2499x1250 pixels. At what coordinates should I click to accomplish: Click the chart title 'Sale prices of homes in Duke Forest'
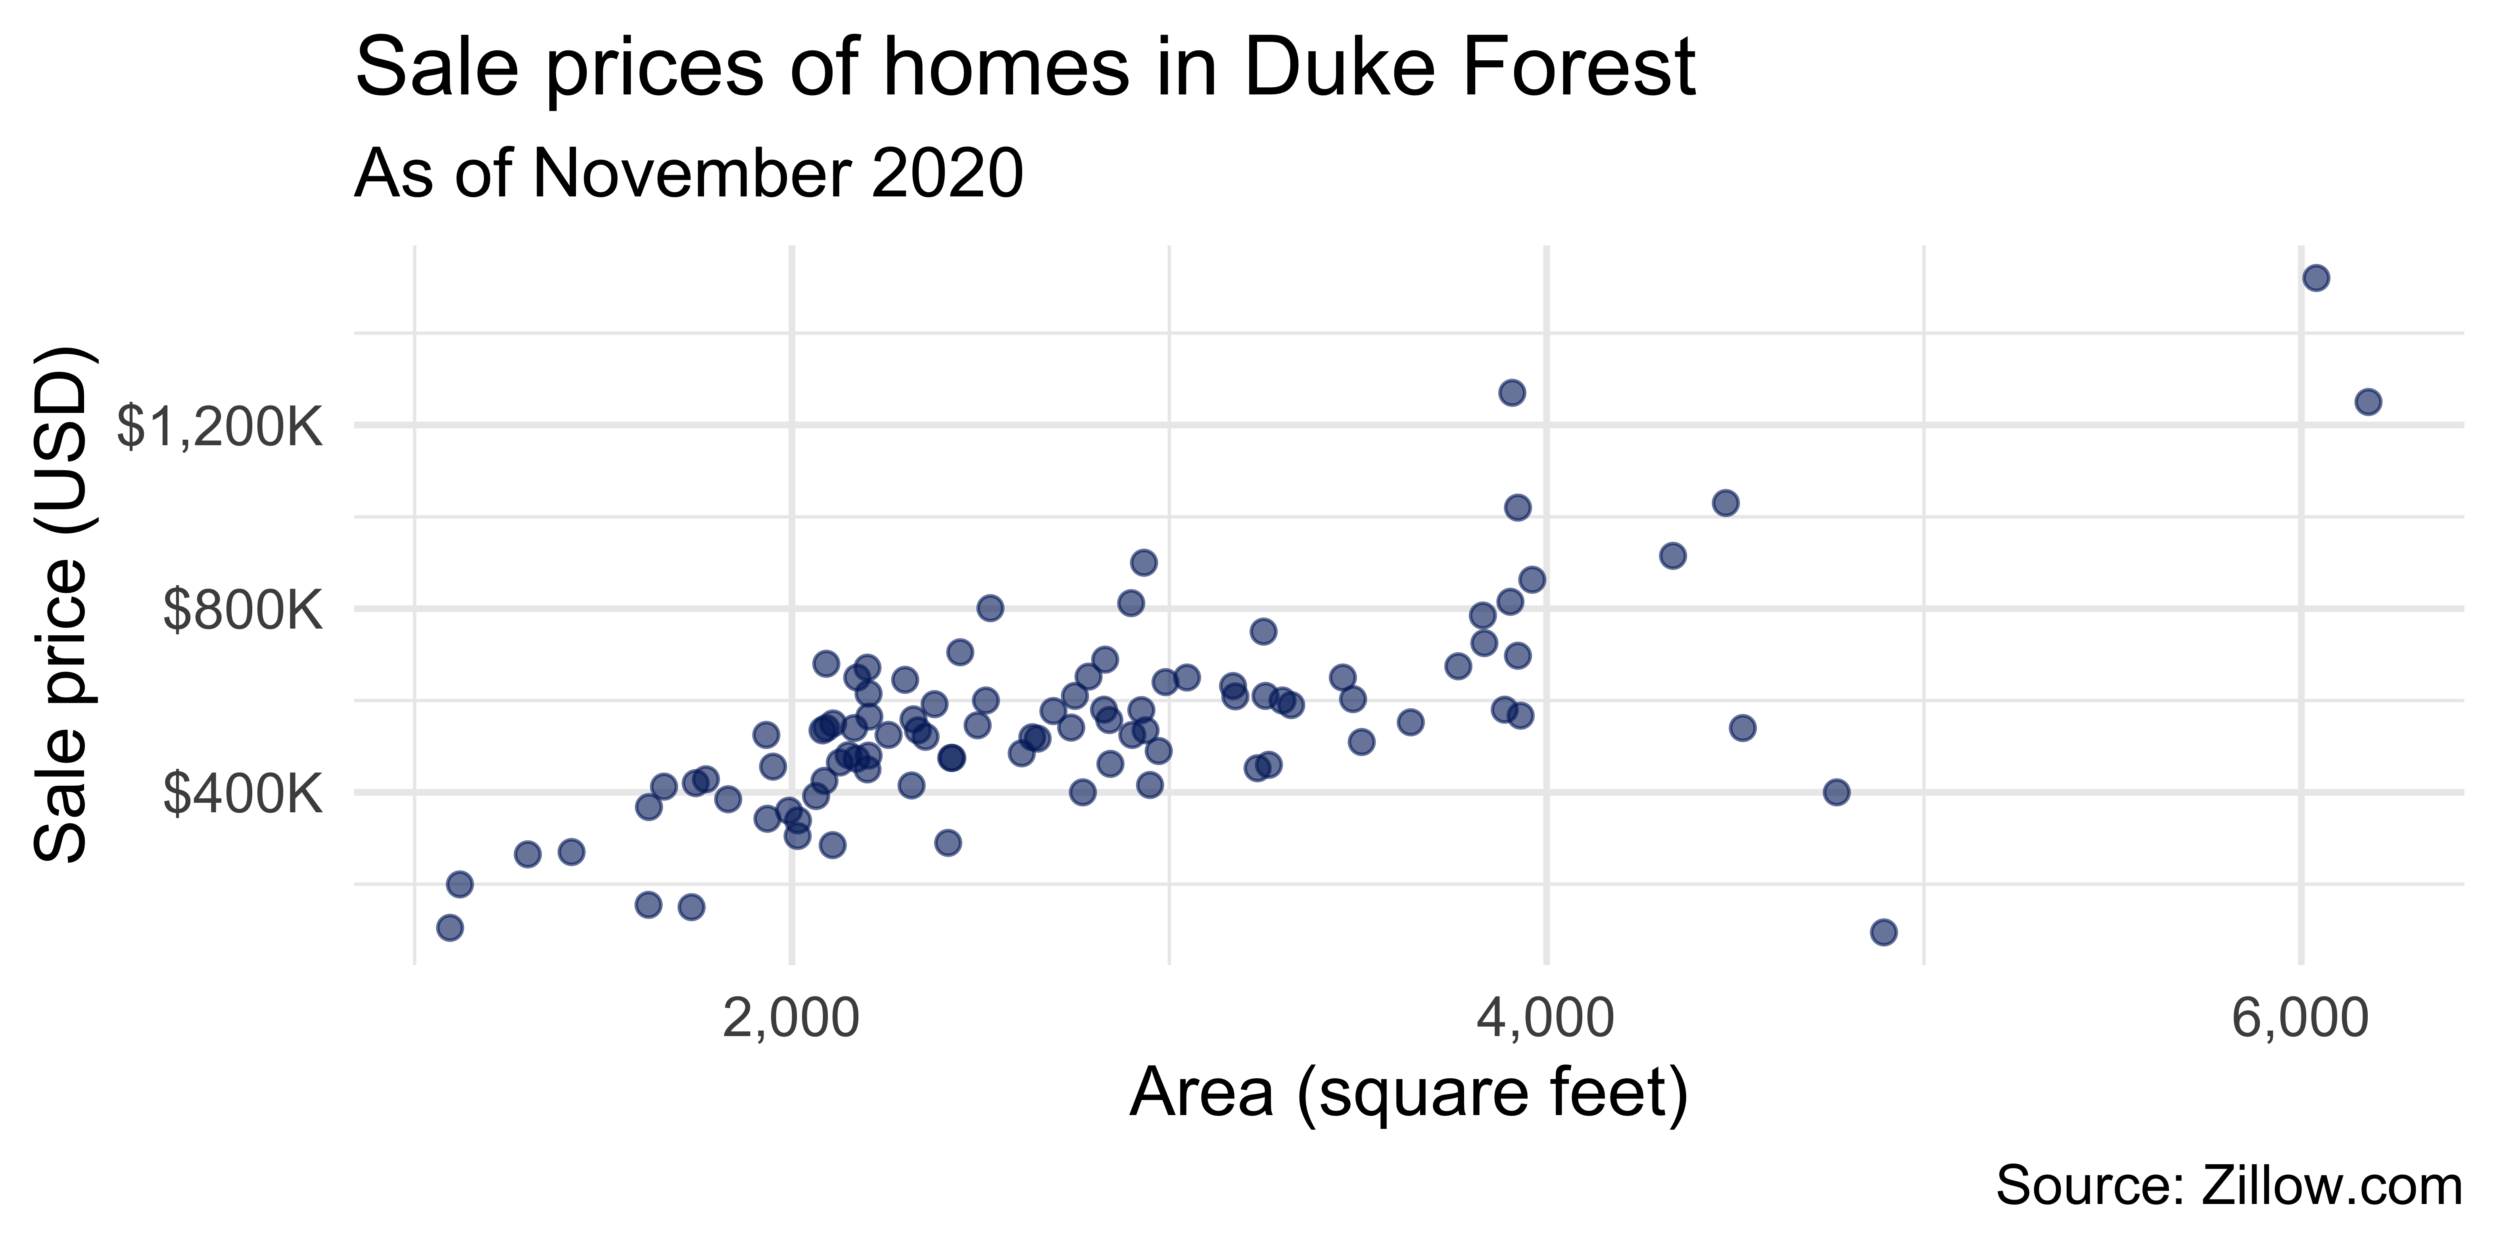tap(1025, 68)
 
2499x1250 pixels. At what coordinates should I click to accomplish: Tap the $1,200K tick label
tap(219, 427)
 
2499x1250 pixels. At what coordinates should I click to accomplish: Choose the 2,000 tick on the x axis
tap(792, 1021)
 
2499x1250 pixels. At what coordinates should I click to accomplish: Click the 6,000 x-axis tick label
tap(2300, 1021)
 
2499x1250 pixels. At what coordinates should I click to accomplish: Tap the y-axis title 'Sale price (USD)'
tap(60, 604)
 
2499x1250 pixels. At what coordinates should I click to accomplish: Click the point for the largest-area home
tap(2368, 402)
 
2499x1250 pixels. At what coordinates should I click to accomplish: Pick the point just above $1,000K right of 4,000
tap(1725, 503)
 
